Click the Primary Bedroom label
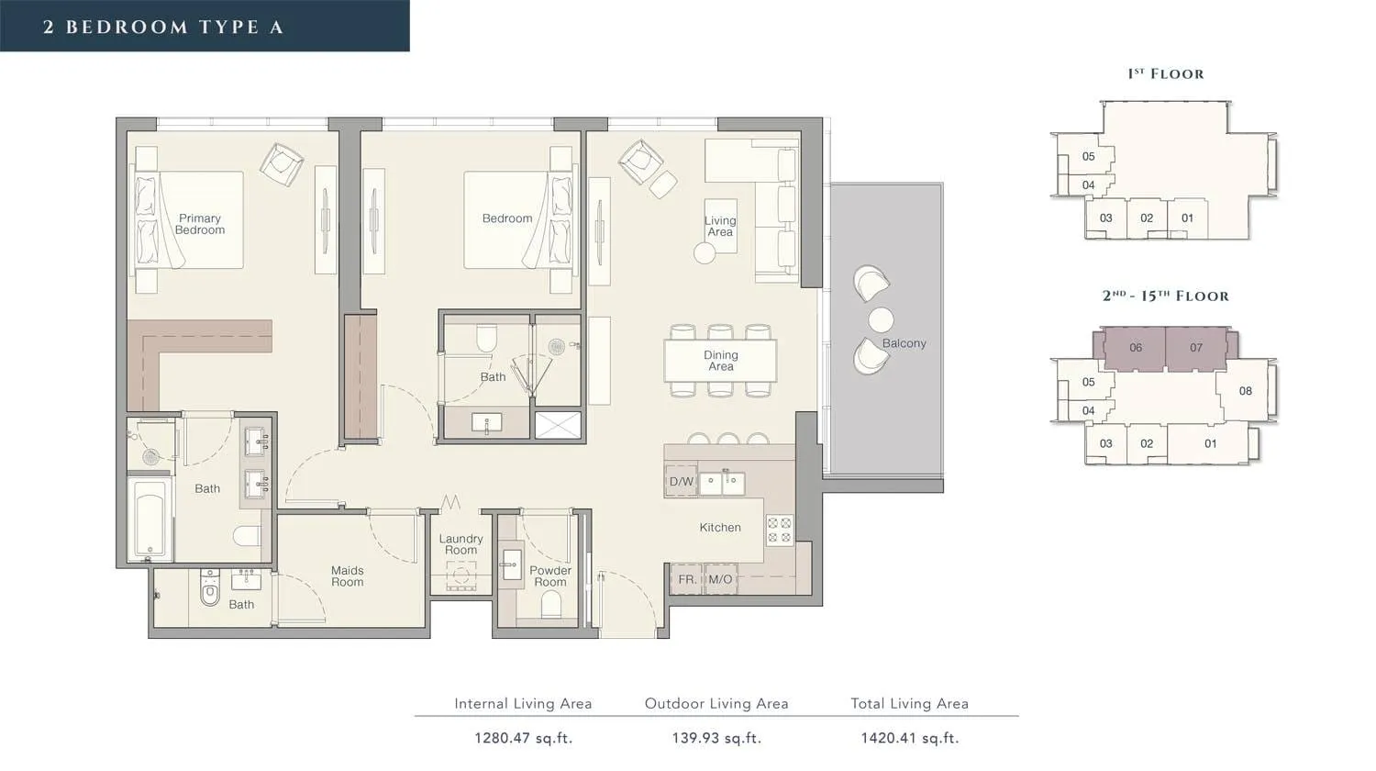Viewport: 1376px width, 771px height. click(200, 224)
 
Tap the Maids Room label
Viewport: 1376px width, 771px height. click(347, 576)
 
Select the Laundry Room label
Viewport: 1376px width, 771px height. click(461, 544)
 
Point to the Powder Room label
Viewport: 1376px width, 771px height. click(550, 576)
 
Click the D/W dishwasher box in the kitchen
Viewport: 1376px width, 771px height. click(682, 481)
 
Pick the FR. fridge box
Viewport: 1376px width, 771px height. click(687, 579)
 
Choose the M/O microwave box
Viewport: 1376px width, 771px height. click(720, 579)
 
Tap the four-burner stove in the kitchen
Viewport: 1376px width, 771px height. click(780, 530)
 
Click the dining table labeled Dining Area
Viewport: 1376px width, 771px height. click(720, 361)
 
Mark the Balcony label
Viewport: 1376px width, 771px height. click(904, 343)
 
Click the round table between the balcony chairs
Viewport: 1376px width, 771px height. click(881, 319)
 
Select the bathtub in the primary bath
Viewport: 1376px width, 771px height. click(150, 519)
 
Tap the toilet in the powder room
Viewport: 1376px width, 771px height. click(551, 604)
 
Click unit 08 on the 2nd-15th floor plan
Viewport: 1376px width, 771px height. click(1245, 391)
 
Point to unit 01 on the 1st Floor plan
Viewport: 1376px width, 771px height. click(1187, 218)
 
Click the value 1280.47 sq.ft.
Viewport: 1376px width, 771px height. click(524, 738)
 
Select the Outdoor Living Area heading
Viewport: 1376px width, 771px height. click(716, 703)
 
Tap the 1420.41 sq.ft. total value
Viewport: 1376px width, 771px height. click(910, 738)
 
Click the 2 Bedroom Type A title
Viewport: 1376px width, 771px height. click(163, 27)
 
